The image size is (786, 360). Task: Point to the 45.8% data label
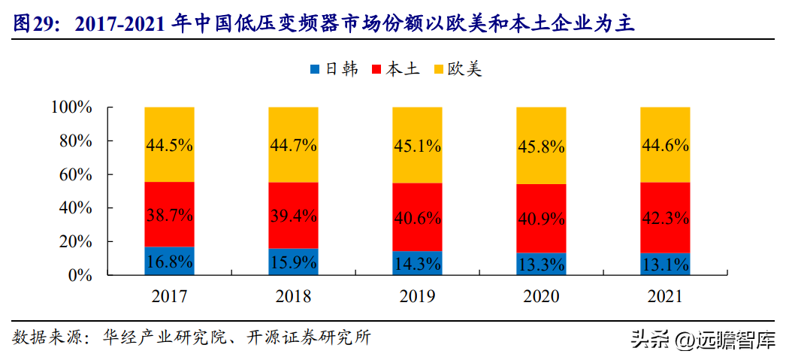541,147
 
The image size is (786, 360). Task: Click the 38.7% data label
169,214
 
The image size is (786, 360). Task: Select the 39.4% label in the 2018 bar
293,216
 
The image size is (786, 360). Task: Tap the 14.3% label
417,262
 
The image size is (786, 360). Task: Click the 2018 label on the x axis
293,296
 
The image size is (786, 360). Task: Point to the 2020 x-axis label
541,296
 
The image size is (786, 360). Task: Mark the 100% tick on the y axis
71,107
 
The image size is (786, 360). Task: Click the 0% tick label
80,275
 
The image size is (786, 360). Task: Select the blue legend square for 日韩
315,70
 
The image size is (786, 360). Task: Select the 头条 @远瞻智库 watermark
702,340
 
